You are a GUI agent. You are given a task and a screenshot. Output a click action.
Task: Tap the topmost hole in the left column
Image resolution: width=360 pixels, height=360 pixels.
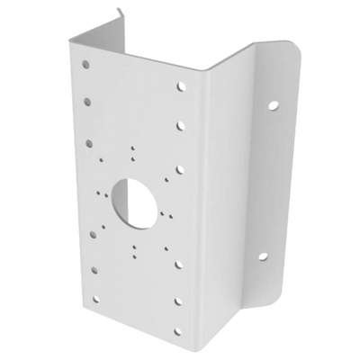[86, 67]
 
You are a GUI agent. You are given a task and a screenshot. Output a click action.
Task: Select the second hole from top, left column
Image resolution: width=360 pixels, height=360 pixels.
[87, 103]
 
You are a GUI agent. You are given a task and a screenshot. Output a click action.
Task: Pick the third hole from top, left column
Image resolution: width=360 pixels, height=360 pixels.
[88, 141]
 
